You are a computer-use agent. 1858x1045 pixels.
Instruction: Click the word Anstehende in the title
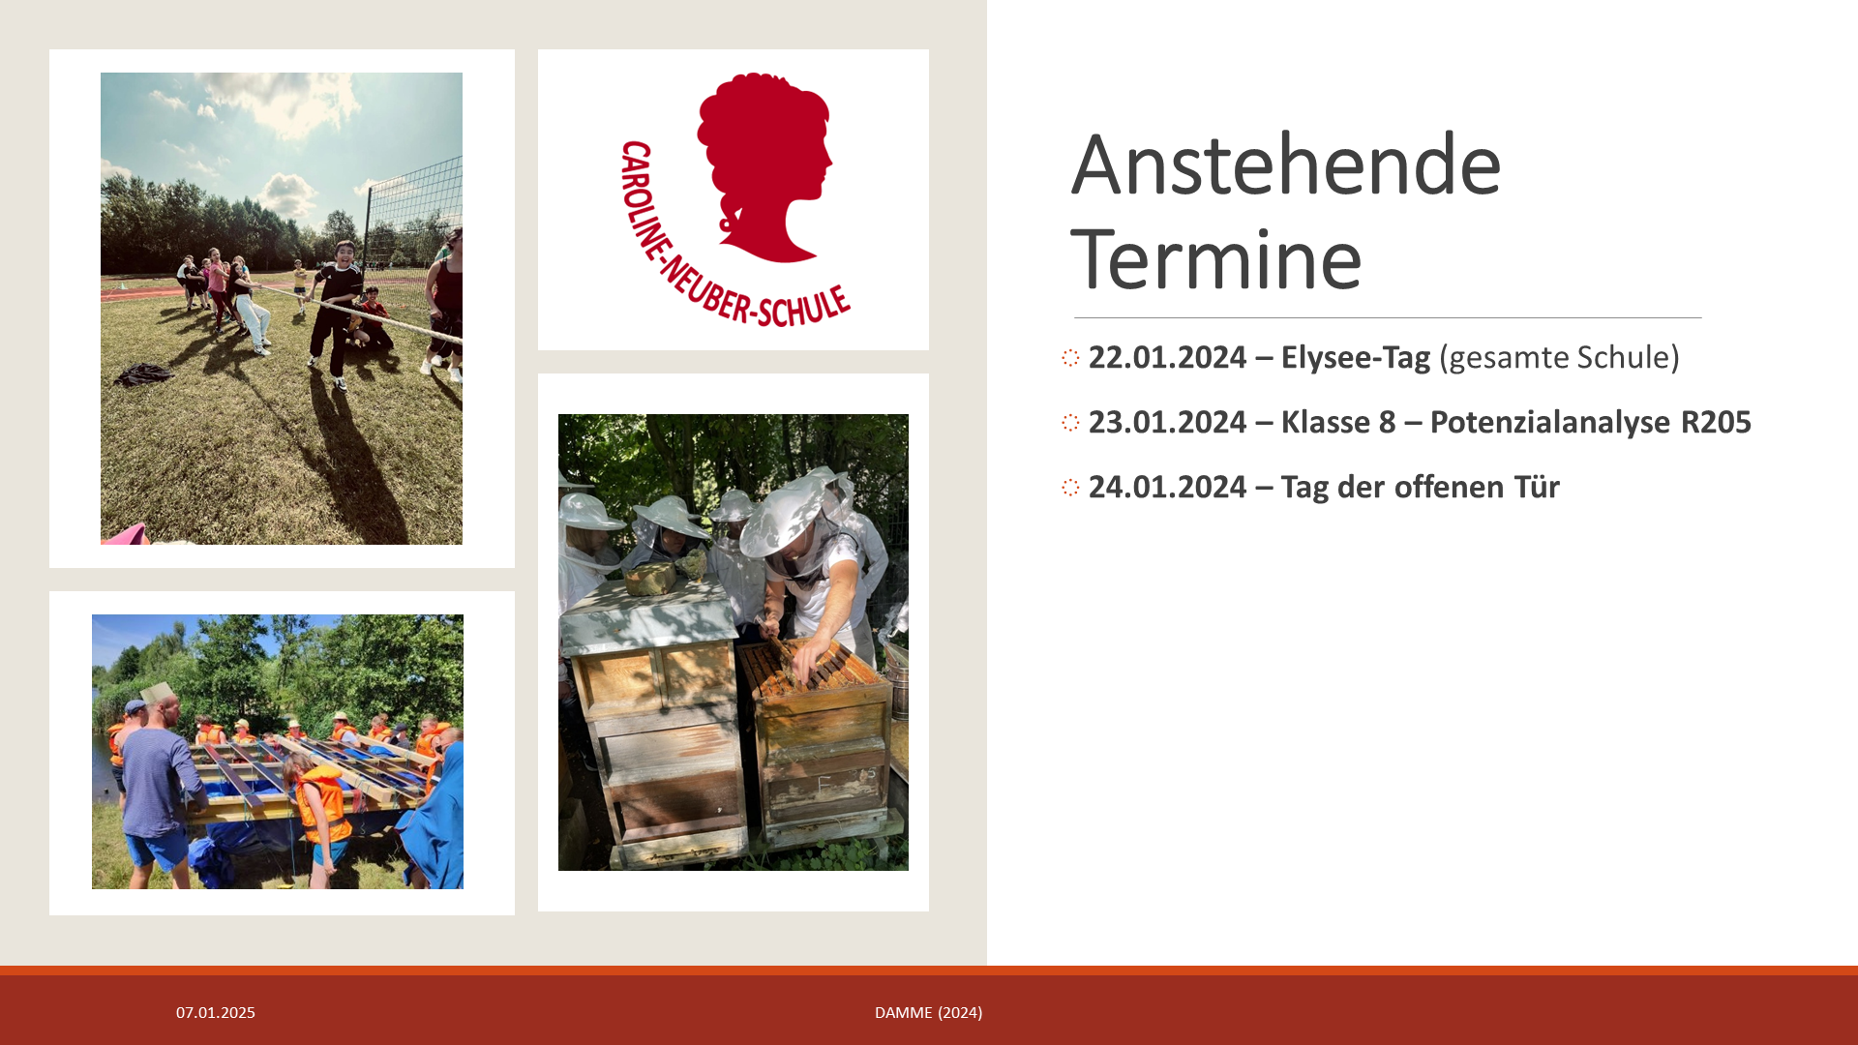[1286, 165]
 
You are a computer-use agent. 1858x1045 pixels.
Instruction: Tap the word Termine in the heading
[1216, 258]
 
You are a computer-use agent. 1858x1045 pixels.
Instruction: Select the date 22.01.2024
[1167, 357]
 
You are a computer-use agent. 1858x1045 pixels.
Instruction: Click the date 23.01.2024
[1167, 422]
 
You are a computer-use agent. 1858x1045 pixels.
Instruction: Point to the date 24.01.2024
[1167, 487]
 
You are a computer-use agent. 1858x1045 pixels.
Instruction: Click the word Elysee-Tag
[1356, 358]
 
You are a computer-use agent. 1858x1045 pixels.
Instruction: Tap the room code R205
[1716, 422]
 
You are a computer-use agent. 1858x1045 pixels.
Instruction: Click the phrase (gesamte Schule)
[1560, 358]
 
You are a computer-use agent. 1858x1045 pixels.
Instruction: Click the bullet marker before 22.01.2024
[1070, 358]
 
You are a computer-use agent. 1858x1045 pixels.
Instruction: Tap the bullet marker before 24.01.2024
[1070, 488]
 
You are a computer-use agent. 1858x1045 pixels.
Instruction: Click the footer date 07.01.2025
[216, 1012]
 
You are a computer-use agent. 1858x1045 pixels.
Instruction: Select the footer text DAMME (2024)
[929, 1012]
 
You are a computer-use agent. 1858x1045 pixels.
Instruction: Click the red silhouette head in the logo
[764, 164]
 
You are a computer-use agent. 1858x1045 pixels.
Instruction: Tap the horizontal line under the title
[1388, 317]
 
